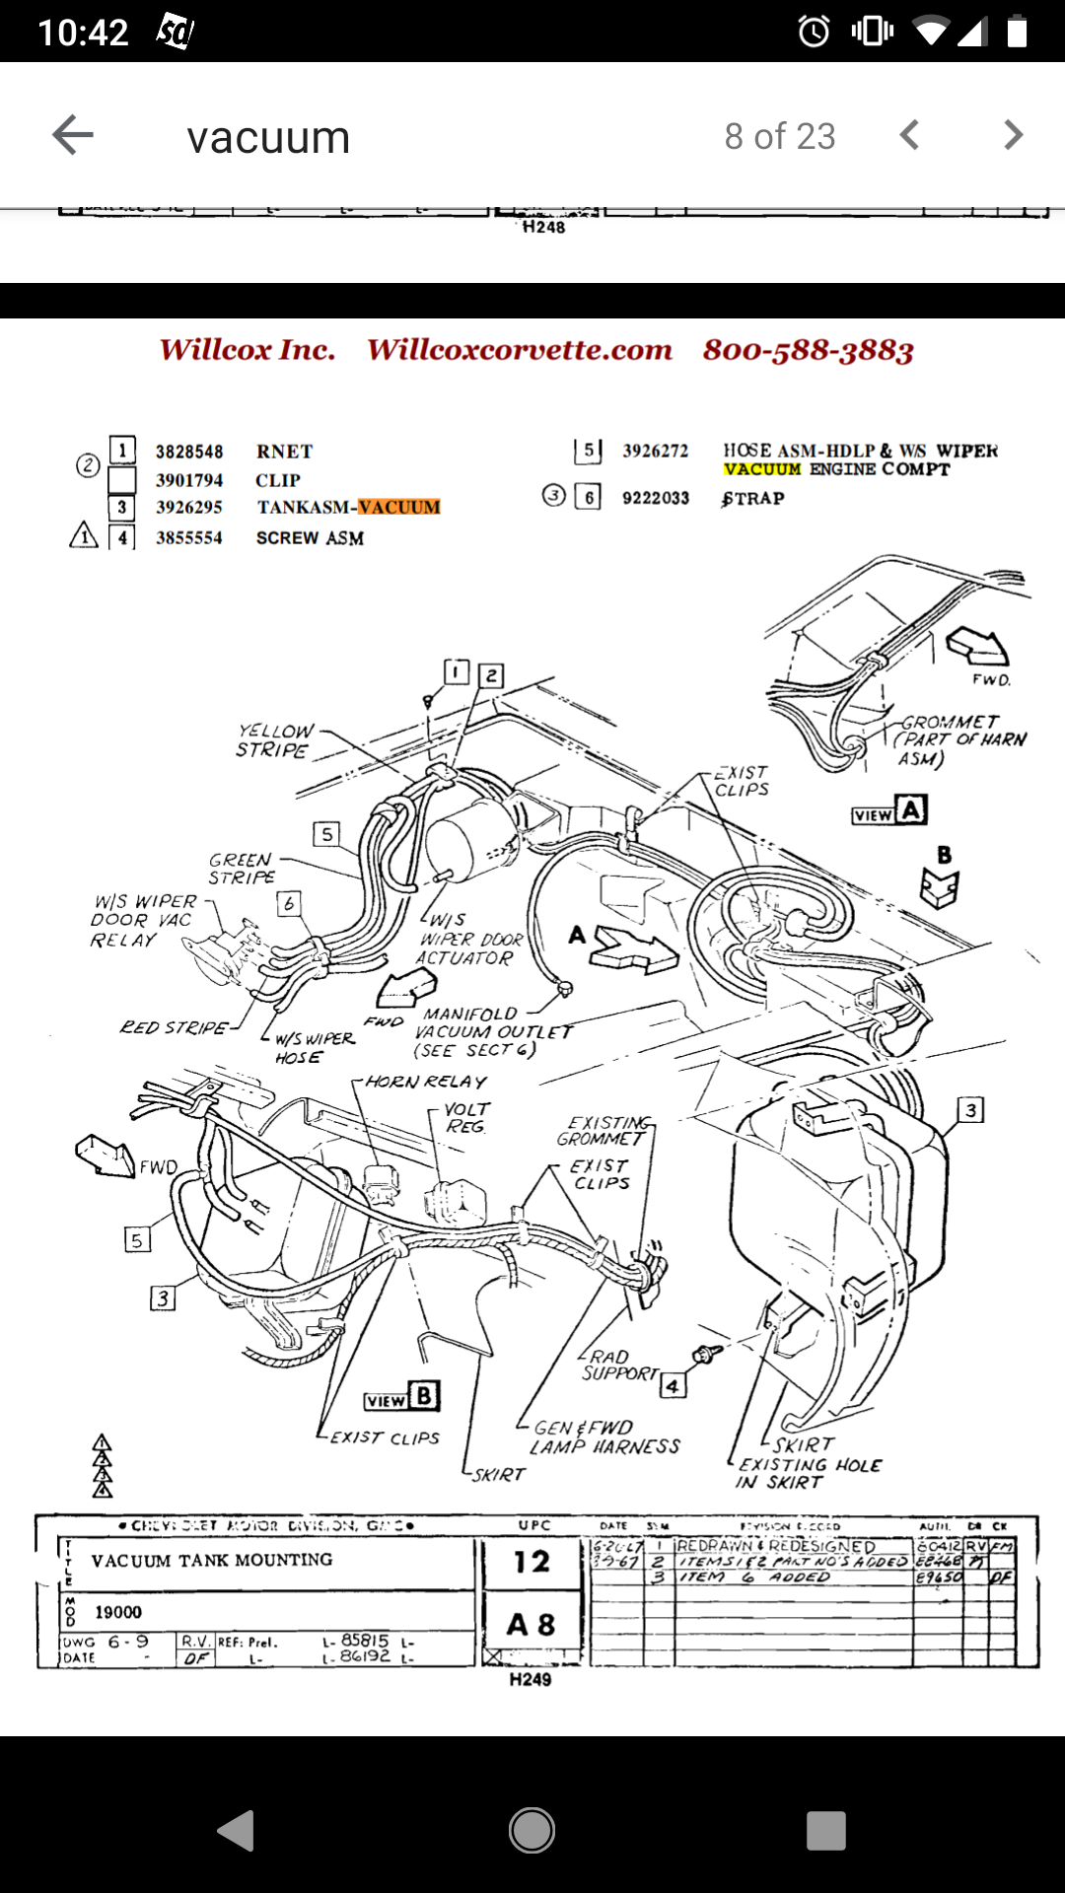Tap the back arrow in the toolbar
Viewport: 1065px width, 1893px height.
pyautogui.click(x=73, y=135)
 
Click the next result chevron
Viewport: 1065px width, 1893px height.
pyautogui.click(x=1013, y=135)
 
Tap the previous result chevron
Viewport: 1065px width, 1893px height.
pyautogui.click(x=909, y=135)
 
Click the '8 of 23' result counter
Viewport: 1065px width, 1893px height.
pyautogui.click(x=779, y=136)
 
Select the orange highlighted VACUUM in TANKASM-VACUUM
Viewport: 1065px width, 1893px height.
pyautogui.click(x=398, y=507)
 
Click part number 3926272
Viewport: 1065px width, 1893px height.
pyautogui.click(x=655, y=451)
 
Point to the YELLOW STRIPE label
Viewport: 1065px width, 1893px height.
pyautogui.click(x=275, y=740)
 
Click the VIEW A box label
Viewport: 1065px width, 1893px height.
pyautogui.click(x=889, y=811)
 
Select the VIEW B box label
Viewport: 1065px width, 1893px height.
pyautogui.click(x=401, y=1397)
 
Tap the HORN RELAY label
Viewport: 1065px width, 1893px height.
pyautogui.click(x=426, y=1082)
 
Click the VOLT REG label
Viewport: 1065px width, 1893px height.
pyautogui.click(x=466, y=1118)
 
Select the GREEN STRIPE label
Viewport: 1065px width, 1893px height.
pyautogui.click(x=242, y=869)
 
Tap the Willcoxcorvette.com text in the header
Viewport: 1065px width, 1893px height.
pyautogui.click(x=520, y=350)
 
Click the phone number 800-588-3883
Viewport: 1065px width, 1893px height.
pyautogui.click(x=808, y=350)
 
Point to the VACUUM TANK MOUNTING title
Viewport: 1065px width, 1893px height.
pyautogui.click(x=211, y=1560)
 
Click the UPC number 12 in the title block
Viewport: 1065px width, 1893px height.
pyautogui.click(x=532, y=1562)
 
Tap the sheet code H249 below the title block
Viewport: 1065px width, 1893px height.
pyautogui.click(x=531, y=1679)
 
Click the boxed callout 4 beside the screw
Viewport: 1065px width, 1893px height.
pyautogui.click(x=673, y=1386)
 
